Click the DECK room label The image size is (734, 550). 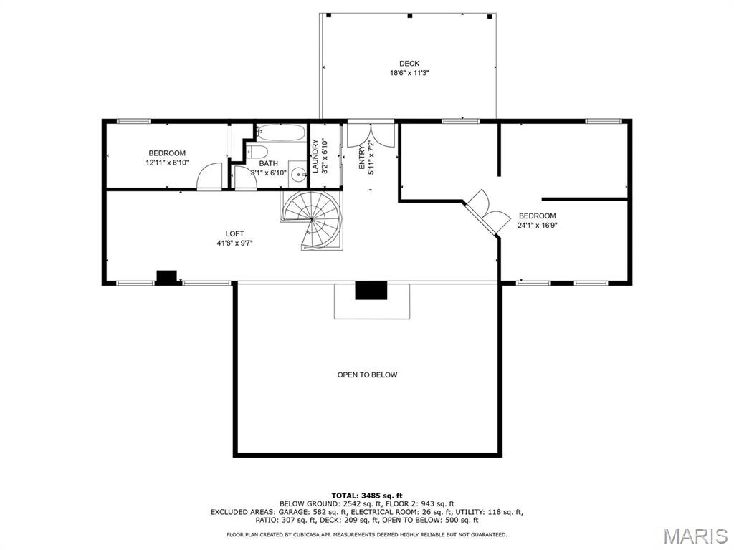409,64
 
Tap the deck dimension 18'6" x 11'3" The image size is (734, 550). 409,73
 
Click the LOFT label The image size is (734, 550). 234,233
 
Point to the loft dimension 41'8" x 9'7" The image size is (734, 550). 234,243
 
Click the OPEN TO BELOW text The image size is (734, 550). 367,375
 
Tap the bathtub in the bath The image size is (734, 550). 280,132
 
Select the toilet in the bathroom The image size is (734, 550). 257,151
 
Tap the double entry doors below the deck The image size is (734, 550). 371,135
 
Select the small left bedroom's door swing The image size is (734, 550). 210,176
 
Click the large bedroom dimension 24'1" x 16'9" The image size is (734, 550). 537,225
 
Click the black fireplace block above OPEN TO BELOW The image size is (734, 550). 371,290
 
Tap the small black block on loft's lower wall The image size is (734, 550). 166,277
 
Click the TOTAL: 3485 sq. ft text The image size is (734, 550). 367,496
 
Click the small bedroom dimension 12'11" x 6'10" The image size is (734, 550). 167,163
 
